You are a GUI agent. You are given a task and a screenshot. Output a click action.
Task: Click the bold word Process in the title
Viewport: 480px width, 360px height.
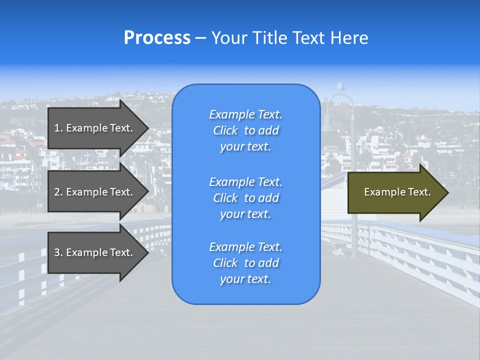point(157,38)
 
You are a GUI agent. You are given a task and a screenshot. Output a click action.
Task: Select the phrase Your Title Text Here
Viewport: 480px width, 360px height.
point(289,38)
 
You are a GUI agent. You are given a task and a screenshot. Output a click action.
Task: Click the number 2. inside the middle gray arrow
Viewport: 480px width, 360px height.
point(58,192)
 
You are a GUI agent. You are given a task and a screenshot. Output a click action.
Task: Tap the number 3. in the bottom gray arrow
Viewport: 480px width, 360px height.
point(58,252)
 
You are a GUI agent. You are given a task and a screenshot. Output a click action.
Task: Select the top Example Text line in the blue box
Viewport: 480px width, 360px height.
point(245,114)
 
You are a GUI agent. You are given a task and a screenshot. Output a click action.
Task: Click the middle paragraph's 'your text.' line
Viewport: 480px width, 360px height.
point(245,214)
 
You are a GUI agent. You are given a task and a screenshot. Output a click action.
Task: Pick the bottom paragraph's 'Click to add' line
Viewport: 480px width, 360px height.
point(245,263)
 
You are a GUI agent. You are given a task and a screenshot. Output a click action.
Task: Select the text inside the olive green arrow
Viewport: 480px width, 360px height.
point(397,192)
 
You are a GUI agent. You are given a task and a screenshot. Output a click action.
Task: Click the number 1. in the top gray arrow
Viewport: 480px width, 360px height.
point(58,128)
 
